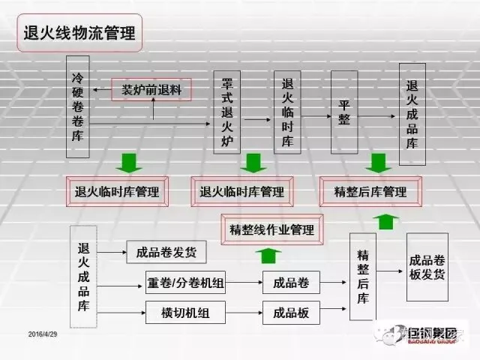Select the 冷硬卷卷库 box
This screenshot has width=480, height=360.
pos(77,106)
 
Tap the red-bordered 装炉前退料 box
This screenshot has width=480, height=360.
pos(152,90)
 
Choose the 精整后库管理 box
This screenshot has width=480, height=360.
pos(370,192)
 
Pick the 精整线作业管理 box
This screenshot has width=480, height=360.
pos(271,229)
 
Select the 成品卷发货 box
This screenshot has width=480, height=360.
pos(166,253)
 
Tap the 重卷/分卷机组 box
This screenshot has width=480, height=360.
pos(184,283)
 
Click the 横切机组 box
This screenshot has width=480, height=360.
pos(184,312)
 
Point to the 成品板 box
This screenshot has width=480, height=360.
pos(291,312)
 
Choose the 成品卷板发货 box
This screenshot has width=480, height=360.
pos(427,267)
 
